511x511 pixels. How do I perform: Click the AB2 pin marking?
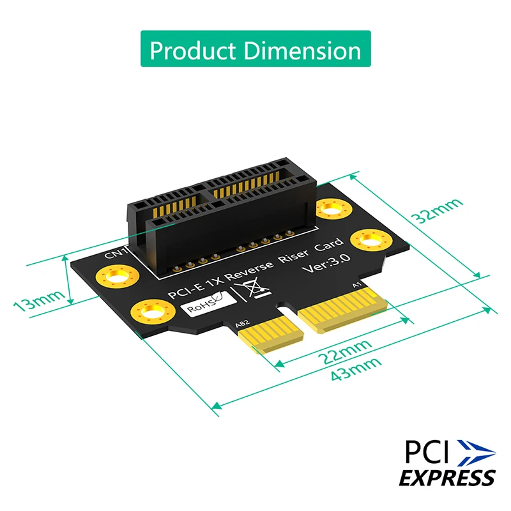242,325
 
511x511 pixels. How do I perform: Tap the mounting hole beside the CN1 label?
115,277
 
